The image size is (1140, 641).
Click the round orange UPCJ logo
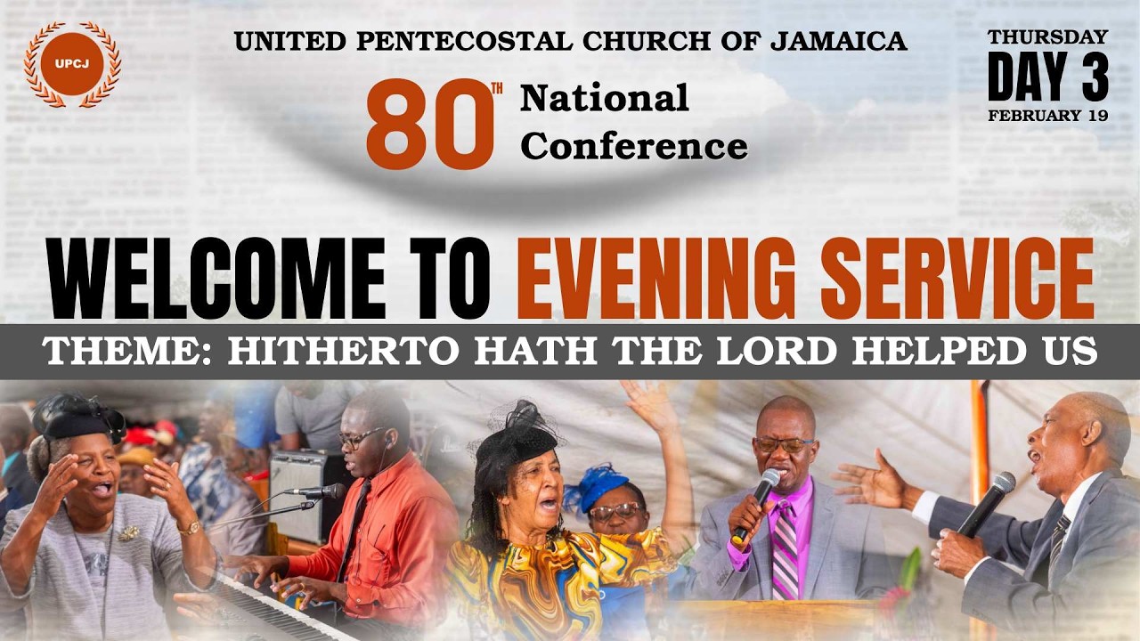(x=71, y=64)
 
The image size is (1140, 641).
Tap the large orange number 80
(x=429, y=125)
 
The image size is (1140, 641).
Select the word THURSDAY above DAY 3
(x=1047, y=37)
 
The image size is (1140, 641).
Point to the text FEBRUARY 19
(x=1047, y=116)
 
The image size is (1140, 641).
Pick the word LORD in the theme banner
(x=792, y=352)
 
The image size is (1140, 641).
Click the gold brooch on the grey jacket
(x=130, y=532)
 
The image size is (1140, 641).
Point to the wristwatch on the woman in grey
(x=188, y=528)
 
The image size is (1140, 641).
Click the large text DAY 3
(x=1047, y=77)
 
